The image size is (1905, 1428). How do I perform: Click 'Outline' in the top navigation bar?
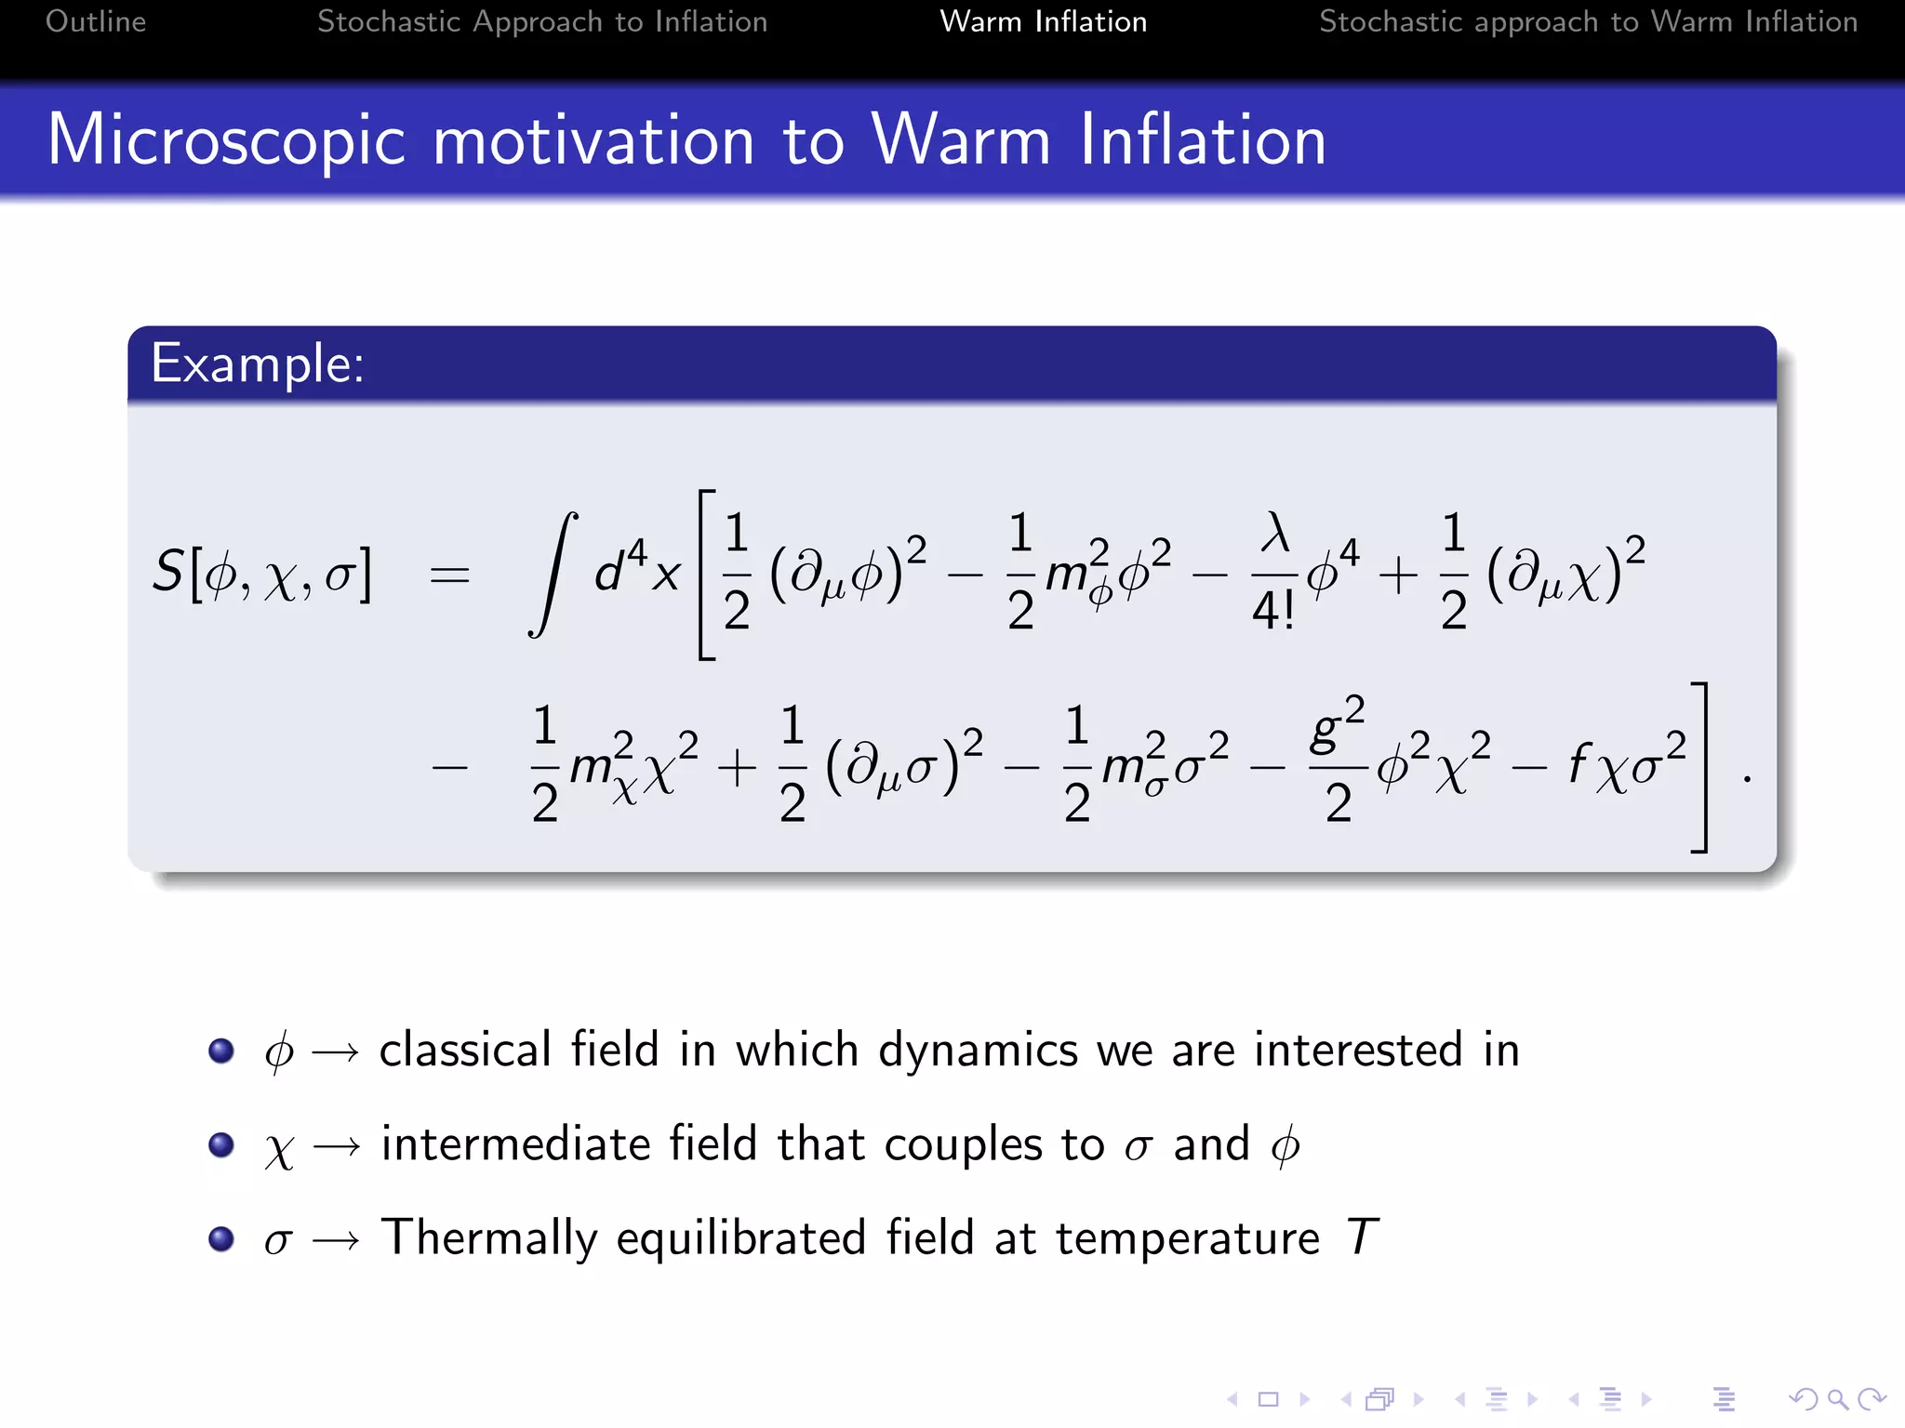pos(96,21)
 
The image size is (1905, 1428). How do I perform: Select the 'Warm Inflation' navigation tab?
pos(1043,21)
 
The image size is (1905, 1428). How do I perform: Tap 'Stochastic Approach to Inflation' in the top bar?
pos(542,21)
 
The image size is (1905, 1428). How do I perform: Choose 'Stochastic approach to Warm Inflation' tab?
pos(1588,21)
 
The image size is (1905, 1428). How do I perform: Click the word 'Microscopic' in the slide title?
pos(226,140)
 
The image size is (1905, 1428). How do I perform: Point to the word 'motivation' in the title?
pos(593,140)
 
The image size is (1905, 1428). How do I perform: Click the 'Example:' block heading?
pos(257,364)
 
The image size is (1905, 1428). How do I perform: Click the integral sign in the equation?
pos(553,574)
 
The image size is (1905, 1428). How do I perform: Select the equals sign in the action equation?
pos(449,575)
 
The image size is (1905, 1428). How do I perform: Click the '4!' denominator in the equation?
pos(1273,611)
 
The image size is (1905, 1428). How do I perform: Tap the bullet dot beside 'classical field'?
pos(221,1051)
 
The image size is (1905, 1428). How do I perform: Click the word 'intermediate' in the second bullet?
pos(515,1144)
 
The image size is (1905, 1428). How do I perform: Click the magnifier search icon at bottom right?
pos(1836,1399)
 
